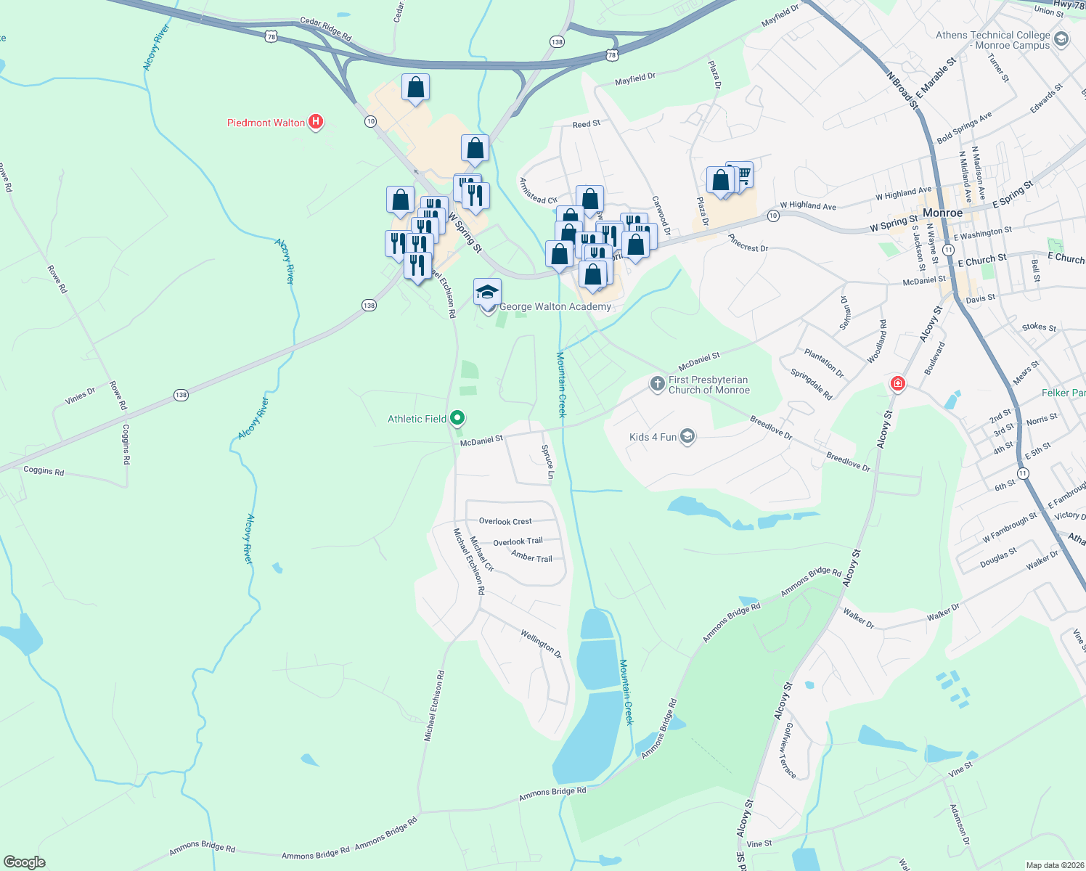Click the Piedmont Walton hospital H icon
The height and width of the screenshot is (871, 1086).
click(316, 122)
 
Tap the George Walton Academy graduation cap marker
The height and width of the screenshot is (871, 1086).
click(487, 292)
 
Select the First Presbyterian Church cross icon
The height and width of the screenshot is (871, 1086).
click(657, 384)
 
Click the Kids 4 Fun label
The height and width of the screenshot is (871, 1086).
click(653, 437)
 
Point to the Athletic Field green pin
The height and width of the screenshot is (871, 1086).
click(457, 418)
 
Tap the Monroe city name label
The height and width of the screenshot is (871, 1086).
click(942, 213)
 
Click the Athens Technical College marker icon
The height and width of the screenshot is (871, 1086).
click(1061, 39)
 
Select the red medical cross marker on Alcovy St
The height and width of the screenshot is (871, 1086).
click(897, 383)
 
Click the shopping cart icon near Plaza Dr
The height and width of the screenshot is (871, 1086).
click(741, 175)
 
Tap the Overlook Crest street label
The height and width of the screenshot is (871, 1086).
click(505, 521)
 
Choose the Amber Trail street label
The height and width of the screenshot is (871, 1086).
click(531, 557)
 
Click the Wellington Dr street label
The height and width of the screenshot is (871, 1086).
click(541, 643)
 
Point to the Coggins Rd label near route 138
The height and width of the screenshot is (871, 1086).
click(44, 470)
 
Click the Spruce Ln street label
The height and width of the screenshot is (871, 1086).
click(548, 462)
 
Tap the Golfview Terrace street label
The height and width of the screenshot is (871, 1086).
click(789, 751)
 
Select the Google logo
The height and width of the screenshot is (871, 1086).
click(25, 862)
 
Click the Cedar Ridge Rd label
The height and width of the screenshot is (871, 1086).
click(326, 29)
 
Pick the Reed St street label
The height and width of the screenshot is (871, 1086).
click(586, 124)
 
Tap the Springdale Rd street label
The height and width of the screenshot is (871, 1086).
click(811, 385)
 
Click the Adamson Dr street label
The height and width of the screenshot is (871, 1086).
click(960, 825)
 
